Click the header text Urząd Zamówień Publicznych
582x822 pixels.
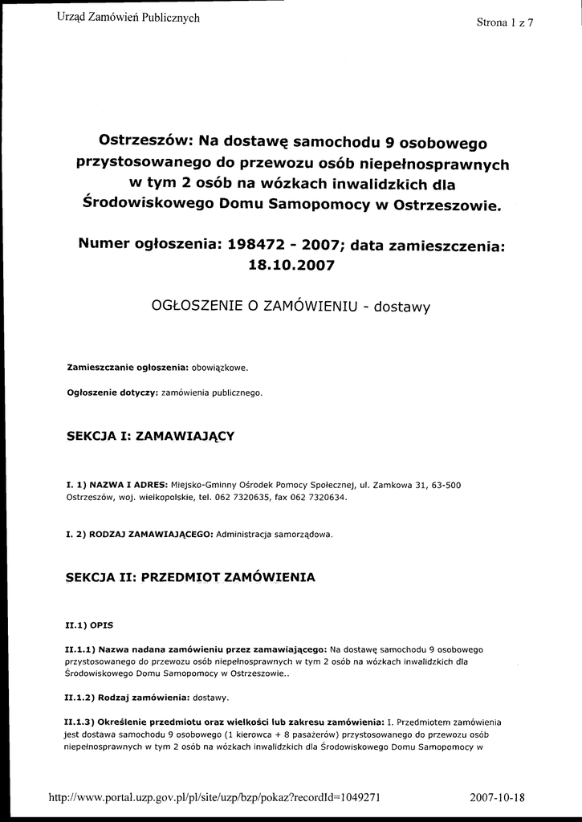point(128,18)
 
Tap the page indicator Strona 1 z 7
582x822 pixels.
point(505,22)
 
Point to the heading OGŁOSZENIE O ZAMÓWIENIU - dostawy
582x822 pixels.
point(291,305)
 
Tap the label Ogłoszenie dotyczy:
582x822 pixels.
point(112,393)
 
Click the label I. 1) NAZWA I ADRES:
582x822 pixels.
point(116,485)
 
